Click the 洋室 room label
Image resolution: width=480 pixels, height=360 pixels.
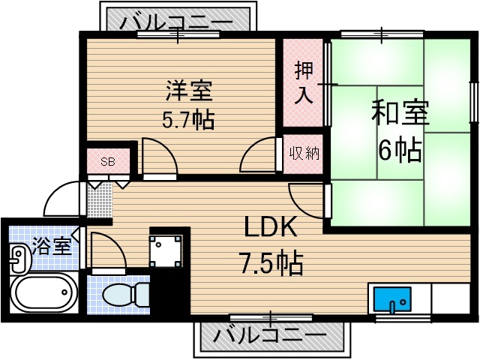pyautogui.click(x=189, y=91)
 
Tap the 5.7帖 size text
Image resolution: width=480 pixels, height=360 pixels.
pyautogui.click(x=187, y=118)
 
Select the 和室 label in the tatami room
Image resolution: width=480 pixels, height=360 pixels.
pyautogui.click(x=400, y=115)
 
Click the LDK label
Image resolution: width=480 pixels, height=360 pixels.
pyautogui.click(x=270, y=227)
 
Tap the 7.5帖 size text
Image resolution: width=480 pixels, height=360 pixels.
pyautogui.click(x=271, y=262)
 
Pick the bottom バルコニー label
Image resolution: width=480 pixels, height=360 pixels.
pyautogui.click(x=271, y=335)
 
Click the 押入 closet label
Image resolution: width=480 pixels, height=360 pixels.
pyautogui.click(x=303, y=82)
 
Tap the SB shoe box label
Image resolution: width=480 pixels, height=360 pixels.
pyautogui.click(x=108, y=160)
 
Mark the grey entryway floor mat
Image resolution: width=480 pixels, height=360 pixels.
pyautogui.click(x=99, y=201)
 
